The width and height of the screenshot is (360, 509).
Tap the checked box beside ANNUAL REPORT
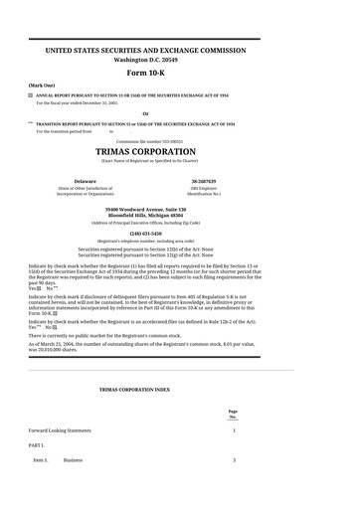tap(31, 94)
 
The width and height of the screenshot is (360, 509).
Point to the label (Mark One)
tap(42, 85)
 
